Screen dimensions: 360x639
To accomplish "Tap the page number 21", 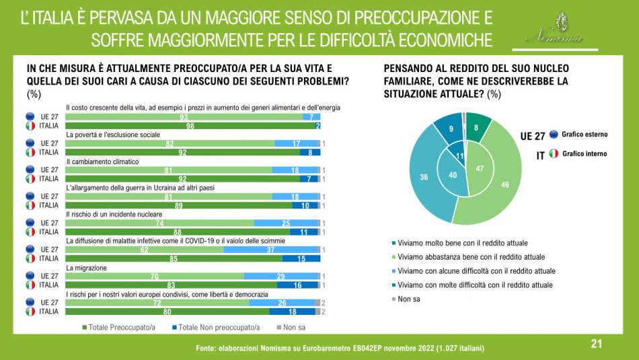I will tap(596, 344).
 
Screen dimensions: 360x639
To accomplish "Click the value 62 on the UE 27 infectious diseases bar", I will tap(144, 249).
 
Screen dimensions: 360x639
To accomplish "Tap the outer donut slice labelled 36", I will tap(424, 178).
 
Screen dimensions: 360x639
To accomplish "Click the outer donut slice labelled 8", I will tap(476, 126).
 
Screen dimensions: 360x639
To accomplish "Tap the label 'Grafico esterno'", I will tap(585, 135).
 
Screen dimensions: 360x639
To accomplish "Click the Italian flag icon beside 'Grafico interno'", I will tap(553, 153).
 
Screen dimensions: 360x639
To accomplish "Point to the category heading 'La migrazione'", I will tap(85, 268).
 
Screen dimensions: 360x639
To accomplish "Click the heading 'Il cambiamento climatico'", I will tap(102, 162).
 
